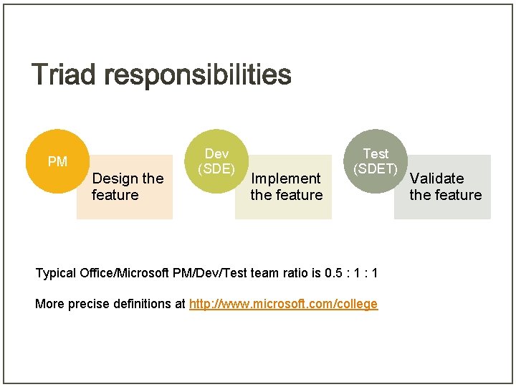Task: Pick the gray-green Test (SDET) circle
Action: click(376, 162)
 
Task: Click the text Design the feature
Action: click(128, 186)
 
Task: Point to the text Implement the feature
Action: click(286, 186)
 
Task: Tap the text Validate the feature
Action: click(445, 186)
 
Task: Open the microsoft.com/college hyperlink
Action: click(283, 304)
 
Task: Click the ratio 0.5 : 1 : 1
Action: click(351, 273)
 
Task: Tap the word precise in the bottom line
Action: click(89, 304)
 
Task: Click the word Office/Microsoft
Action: click(125, 273)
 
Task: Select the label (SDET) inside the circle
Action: click(376, 169)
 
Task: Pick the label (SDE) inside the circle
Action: click(216, 169)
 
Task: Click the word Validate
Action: click(436, 178)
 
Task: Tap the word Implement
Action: click(286, 178)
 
